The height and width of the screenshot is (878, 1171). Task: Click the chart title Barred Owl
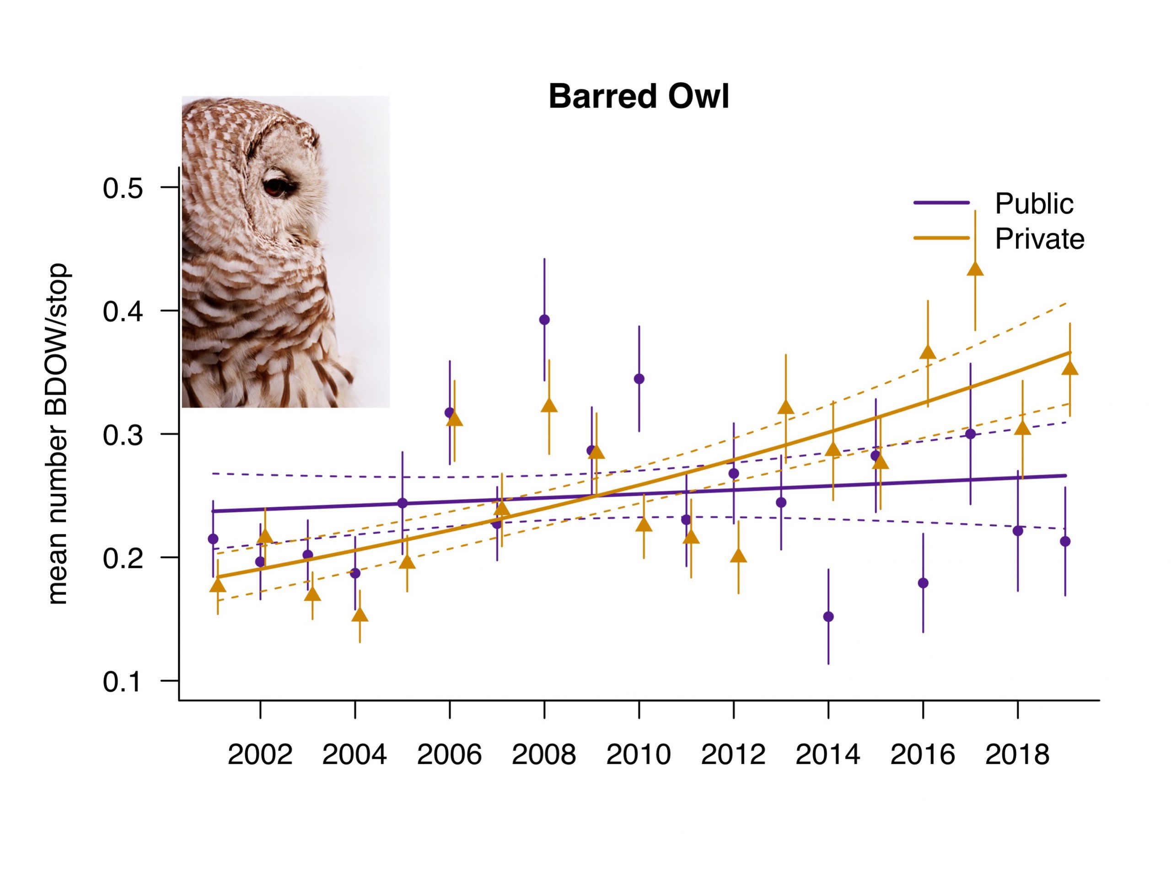point(639,97)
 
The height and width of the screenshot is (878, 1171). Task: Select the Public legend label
point(1034,204)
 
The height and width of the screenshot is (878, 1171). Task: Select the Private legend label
point(1039,239)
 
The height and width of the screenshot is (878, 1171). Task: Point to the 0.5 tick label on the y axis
point(123,188)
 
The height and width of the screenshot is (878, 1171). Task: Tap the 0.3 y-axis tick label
point(123,435)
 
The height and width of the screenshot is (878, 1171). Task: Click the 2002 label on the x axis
point(260,755)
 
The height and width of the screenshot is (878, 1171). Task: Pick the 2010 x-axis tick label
point(639,755)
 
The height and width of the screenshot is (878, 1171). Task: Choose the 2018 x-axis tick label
point(1017,755)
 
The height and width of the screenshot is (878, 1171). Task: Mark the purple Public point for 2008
point(544,320)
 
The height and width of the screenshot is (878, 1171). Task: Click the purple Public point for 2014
point(828,616)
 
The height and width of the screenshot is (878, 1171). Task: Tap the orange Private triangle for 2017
point(975,269)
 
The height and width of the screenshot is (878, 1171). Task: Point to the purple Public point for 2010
point(639,379)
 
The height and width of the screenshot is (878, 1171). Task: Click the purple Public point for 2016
point(923,583)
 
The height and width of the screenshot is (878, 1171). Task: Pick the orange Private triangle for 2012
point(738,556)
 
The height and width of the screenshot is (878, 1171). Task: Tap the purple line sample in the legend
point(941,203)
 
